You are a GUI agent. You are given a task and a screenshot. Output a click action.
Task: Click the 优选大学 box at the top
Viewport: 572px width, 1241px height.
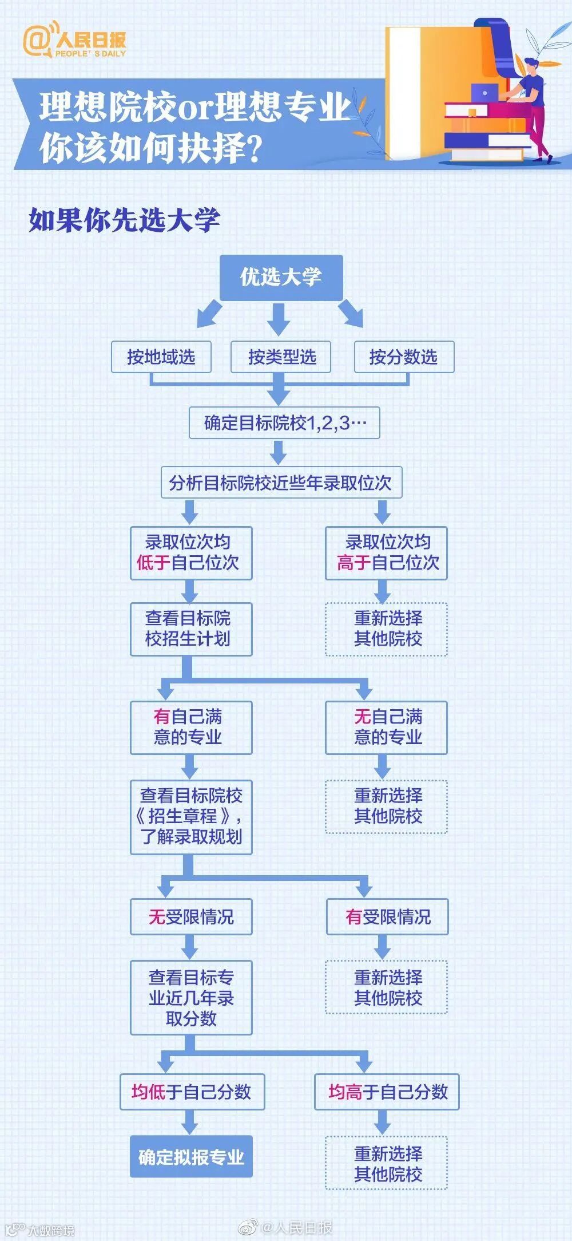click(281, 278)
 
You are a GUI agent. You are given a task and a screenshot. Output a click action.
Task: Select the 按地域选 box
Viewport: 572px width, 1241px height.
click(161, 357)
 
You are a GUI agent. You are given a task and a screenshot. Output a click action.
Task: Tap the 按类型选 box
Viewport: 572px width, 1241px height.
click(281, 357)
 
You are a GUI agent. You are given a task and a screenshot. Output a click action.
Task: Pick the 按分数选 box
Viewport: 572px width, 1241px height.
click(403, 357)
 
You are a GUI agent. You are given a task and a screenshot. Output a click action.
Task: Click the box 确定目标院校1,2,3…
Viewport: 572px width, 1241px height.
click(284, 423)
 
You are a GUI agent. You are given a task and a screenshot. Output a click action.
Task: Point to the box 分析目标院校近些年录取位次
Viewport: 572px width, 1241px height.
click(281, 483)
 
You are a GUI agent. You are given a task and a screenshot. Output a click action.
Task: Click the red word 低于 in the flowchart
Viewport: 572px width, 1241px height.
click(153, 563)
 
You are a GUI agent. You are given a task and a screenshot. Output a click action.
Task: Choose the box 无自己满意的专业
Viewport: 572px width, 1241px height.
click(386, 727)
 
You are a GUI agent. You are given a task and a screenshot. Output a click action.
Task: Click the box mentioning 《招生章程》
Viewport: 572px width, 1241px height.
click(190, 816)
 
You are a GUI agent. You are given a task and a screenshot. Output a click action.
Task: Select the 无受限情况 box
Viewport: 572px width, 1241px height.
click(190, 917)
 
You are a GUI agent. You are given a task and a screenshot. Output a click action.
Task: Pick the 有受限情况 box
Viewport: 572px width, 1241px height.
click(387, 917)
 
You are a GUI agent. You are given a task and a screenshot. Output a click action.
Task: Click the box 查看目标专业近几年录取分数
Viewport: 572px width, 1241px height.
click(190, 998)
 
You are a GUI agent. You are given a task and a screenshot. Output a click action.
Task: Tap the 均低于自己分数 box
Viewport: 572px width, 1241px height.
click(192, 1092)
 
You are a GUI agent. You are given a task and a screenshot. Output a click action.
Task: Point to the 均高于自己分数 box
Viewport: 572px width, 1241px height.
click(387, 1092)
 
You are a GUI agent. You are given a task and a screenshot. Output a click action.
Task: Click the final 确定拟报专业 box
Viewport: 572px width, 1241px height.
click(191, 1157)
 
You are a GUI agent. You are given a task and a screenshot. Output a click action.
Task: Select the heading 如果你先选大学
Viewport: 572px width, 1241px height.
click(124, 220)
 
